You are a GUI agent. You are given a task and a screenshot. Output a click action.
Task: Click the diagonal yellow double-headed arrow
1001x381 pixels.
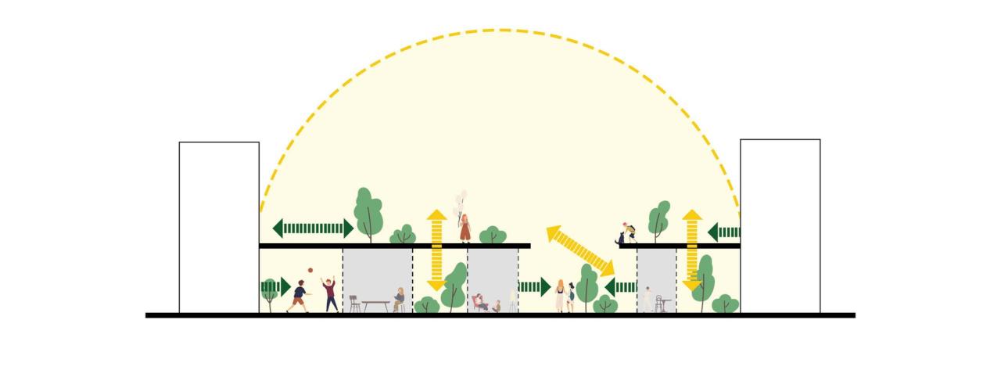tap(579, 250)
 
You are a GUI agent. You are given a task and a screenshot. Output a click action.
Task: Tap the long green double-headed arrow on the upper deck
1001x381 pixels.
tap(313, 228)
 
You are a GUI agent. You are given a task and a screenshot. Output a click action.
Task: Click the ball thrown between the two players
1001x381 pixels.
tap(310, 271)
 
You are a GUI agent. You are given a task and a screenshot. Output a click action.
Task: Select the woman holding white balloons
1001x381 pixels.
tap(465, 228)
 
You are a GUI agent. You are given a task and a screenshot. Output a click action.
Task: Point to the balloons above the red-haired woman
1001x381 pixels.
tap(462, 199)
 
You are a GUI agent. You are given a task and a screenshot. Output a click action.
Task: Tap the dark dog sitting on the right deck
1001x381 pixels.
tap(622, 238)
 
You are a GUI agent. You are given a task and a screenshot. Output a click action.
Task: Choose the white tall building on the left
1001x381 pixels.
tap(219, 227)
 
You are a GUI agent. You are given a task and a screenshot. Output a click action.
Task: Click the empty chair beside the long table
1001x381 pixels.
tap(354, 304)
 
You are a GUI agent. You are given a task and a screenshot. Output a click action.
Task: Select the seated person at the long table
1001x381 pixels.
tap(399, 300)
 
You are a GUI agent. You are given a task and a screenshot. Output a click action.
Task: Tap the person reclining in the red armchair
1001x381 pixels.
tap(479, 302)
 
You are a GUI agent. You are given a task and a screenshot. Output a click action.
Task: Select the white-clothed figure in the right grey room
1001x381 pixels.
tap(648, 300)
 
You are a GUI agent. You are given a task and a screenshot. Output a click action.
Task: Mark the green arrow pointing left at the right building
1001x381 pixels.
tap(723, 232)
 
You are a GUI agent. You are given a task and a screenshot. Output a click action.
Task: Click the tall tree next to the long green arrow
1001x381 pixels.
tap(368, 211)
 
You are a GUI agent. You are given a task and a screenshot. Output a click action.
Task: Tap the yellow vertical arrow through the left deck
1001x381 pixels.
tap(436, 250)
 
